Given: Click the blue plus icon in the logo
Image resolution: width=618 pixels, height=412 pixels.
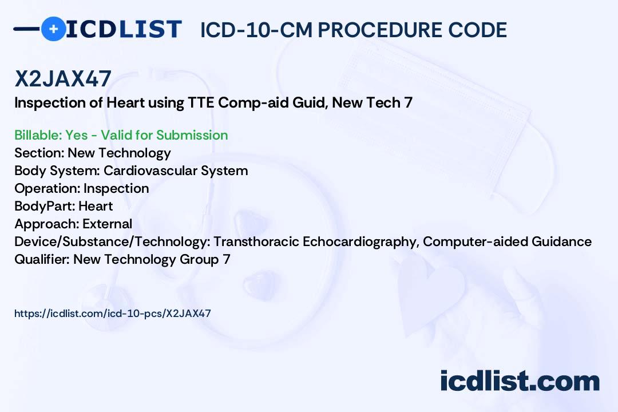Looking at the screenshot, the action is tap(54, 29).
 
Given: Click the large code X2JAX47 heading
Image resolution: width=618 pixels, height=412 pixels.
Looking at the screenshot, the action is tap(63, 78).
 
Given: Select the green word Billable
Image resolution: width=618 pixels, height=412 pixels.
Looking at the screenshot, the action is tap(37, 135).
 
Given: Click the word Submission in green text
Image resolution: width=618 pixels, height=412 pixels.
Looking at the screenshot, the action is tap(192, 135).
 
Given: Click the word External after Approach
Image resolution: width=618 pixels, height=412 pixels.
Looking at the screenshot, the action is tap(107, 224).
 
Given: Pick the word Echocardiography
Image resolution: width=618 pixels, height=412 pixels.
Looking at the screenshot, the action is tap(361, 241).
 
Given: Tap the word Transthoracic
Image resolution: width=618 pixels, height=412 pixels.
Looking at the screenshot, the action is tap(256, 241).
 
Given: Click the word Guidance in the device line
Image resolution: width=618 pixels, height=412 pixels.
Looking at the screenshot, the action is tap(562, 241).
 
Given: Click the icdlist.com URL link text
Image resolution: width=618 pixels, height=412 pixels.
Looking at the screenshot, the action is tap(113, 314).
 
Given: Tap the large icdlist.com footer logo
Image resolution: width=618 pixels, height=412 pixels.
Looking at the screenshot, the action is tap(520, 381).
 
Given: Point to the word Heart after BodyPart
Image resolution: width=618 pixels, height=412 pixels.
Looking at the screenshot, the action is tap(96, 206).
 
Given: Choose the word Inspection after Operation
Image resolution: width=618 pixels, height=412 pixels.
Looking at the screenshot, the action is tap(116, 188).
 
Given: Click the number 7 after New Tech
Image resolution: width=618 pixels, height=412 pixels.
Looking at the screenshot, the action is tap(409, 103).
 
